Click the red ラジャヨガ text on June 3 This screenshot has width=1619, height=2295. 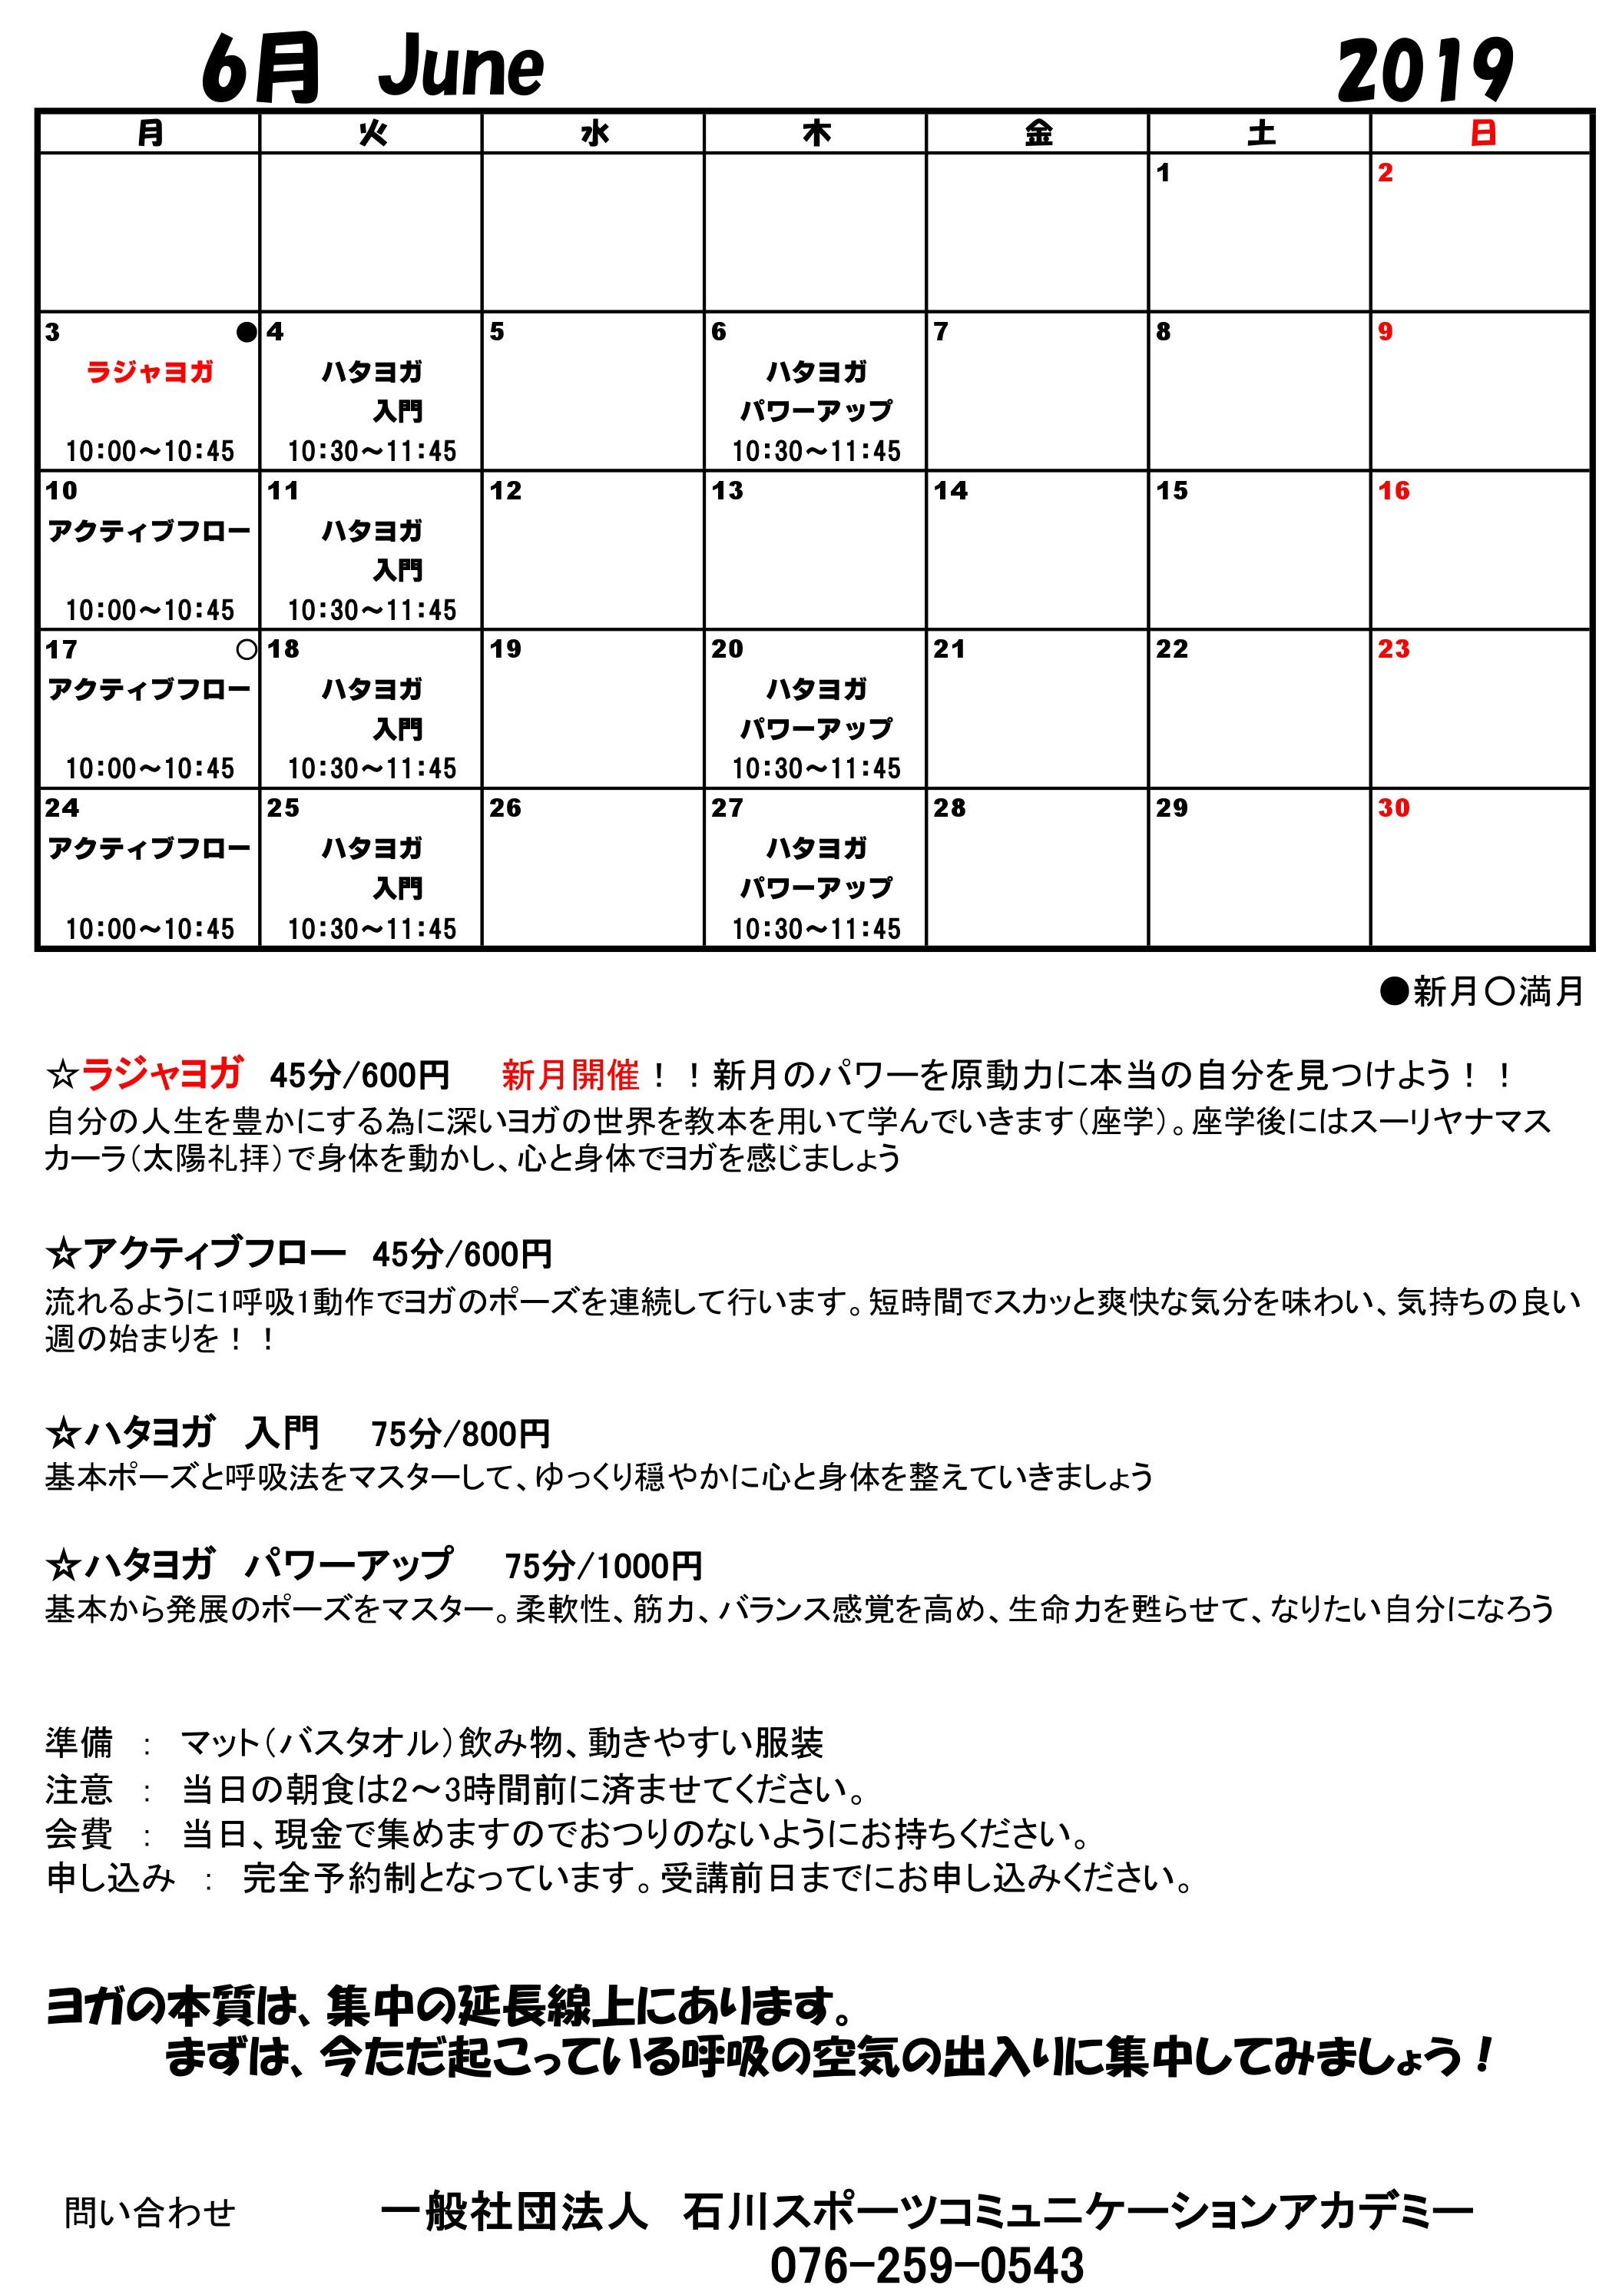[x=150, y=373]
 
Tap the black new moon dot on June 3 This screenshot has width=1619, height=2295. [x=246, y=333]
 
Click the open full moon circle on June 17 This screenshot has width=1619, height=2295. [x=246, y=650]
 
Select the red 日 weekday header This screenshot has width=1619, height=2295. [x=1482, y=133]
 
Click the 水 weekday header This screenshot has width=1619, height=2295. [x=594, y=133]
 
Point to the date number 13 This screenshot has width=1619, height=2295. [x=727, y=491]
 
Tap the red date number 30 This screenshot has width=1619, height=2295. [x=1393, y=808]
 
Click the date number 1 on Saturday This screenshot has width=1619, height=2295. [x=1164, y=173]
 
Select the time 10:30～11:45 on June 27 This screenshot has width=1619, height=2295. [x=816, y=929]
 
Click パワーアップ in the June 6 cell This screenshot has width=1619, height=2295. [x=816, y=411]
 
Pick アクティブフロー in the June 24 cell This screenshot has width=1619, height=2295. [x=150, y=849]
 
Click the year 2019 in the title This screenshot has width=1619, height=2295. [x=1425, y=70]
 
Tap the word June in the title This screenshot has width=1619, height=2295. [x=461, y=68]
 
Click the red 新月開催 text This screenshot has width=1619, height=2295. [x=570, y=1076]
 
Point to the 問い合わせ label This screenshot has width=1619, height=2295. [x=150, y=2213]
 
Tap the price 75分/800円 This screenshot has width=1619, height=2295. [x=461, y=1434]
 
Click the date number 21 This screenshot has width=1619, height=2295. [x=949, y=650]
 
